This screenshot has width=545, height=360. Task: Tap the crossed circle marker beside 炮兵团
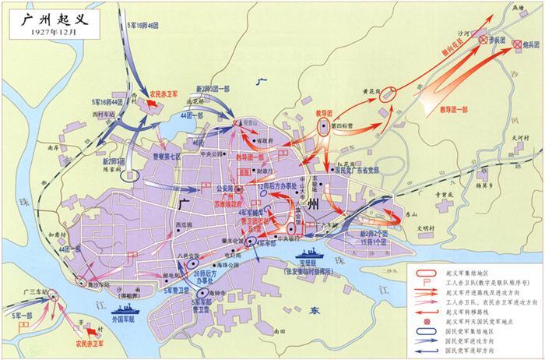(x=518, y=47)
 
